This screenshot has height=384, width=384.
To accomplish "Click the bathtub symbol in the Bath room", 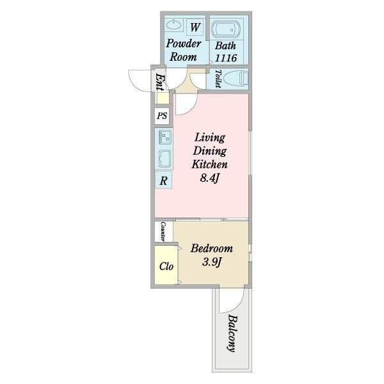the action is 226,29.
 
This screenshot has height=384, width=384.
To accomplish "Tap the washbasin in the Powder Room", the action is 174,25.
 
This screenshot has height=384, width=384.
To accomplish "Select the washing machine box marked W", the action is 195,27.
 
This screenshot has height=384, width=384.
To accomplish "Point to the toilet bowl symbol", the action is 236,79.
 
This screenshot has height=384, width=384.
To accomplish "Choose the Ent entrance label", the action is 160,83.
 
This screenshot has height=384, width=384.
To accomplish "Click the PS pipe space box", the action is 162,115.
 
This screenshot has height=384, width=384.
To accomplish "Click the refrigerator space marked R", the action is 163,180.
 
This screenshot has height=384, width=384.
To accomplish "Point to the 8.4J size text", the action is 209,178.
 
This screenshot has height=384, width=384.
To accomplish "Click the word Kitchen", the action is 210,164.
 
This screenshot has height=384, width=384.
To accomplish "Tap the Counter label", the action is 163,232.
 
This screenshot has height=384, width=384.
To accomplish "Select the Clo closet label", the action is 166,266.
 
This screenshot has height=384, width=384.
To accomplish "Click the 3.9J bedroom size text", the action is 212,262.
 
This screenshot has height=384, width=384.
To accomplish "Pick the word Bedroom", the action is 212,248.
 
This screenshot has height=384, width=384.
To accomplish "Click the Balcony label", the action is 232,333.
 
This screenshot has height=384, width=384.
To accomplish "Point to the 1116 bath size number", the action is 226,58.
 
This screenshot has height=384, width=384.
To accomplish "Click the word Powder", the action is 184,44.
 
